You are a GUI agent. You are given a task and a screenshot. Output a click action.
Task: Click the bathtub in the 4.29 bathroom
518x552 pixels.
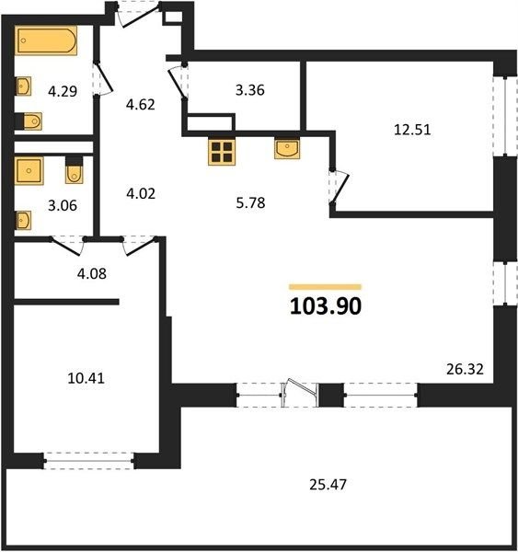click(46, 40)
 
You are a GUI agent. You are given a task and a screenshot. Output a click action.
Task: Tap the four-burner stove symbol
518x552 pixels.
click(222, 152)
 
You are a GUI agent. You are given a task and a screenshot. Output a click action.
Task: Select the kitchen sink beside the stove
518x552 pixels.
click(287, 148)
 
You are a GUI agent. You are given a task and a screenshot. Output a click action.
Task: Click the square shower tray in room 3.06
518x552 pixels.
click(29, 171)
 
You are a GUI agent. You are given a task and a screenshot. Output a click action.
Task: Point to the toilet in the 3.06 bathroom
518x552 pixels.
click(75, 170)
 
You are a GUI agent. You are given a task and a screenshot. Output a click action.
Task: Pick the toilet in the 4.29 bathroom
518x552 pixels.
click(29, 121)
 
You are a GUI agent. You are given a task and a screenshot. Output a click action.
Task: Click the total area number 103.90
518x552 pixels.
click(326, 306)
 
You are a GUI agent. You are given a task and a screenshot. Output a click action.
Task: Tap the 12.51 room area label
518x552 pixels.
click(412, 130)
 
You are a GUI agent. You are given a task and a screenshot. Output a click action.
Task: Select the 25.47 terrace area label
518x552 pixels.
click(328, 485)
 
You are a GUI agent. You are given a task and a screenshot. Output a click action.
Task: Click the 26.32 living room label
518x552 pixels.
click(465, 369)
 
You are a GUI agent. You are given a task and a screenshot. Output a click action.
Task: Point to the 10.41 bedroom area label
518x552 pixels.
click(86, 378)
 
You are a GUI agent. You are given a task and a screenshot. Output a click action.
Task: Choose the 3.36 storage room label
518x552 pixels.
click(250, 90)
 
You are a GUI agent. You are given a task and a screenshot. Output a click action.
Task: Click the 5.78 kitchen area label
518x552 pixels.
click(250, 203)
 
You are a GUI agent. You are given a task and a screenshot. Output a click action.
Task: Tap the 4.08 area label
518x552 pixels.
click(92, 273)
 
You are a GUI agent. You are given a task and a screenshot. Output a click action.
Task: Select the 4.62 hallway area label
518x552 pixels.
click(141, 105)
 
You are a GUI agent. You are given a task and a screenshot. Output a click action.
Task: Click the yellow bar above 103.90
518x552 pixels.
click(325, 287)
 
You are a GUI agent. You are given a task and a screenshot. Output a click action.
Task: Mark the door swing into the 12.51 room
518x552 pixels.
click(340, 187)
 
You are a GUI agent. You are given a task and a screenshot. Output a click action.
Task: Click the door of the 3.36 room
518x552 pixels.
click(178, 82)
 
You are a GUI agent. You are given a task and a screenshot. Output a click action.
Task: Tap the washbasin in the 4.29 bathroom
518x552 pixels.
click(24, 86)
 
